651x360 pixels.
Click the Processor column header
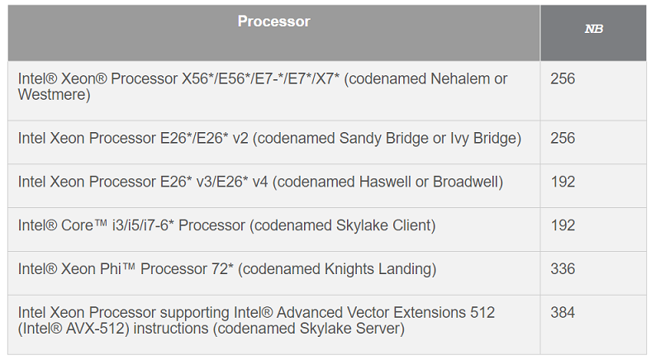click(273, 21)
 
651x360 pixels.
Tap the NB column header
click(593, 29)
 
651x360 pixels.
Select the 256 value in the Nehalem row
click(563, 79)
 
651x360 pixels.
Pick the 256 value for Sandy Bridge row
click(563, 138)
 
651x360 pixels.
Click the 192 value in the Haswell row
click(563, 182)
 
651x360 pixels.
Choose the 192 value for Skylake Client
click(563, 225)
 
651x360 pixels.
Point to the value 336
click(563, 269)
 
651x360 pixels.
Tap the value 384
click(563, 313)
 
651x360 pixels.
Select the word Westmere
click(54, 95)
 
